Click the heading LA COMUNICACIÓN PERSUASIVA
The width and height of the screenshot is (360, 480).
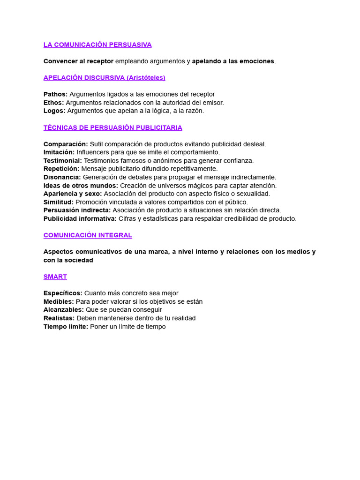[x=97, y=45]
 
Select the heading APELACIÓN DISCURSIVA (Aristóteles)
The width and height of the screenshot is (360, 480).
[x=104, y=78]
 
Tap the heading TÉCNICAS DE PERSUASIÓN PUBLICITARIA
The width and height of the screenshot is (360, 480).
[x=112, y=127]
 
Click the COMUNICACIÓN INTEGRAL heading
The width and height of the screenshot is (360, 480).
[x=88, y=235]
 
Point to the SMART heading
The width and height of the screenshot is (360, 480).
[x=55, y=277]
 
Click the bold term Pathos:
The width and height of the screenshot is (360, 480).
[x=55, y=94]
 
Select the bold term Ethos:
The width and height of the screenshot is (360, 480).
[x=54, y=103]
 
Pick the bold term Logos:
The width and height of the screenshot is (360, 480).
[x=54, y=111]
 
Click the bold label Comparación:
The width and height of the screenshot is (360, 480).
[x=66, y=144]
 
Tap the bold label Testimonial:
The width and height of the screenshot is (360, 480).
[x=63, y=161]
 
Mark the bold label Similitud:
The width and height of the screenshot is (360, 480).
[x=59, y=202]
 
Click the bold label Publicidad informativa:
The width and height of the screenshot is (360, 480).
[x=80, y=218]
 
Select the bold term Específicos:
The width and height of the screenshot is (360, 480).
[x=63, y=293]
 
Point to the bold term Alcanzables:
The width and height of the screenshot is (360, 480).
[x=64, y=310]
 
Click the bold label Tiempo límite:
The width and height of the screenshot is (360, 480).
[x=66, y=327]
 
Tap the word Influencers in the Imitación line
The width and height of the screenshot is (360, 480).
[x=93, y=152]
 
